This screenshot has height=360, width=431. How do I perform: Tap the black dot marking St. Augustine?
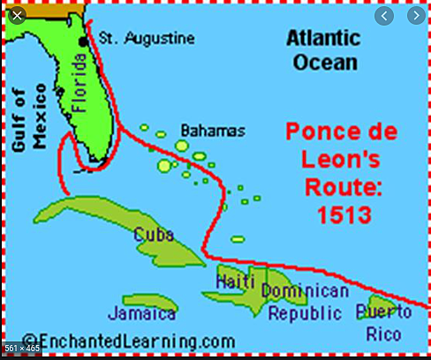click(84, 41)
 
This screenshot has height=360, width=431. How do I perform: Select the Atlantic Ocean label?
click(323, 50)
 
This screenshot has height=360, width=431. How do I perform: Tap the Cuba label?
click(155, 235)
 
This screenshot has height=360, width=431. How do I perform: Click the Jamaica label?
click(141, 312)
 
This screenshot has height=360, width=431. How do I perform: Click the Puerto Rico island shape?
click(375, 311)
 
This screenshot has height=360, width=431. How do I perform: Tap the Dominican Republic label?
click(305, 302)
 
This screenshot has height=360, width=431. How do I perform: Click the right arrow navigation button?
click(414, 16)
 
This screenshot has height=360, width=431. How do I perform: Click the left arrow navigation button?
click(384, 16)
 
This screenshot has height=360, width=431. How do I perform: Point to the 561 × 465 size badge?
click(21, 349)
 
